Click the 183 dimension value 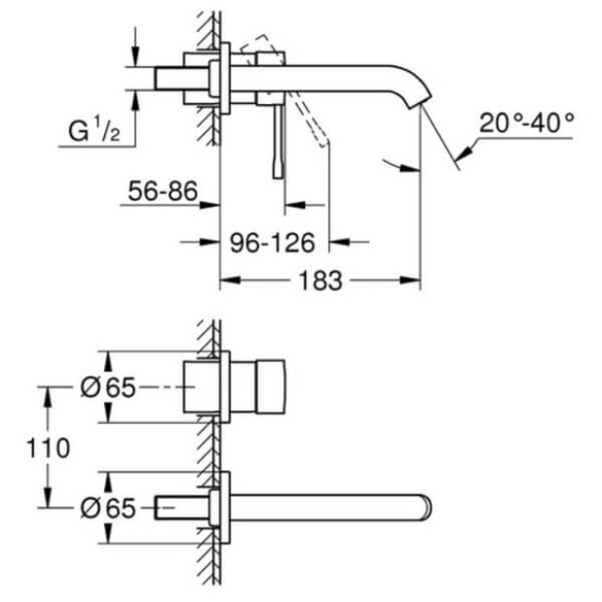pos(320,281)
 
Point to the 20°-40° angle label pos(527,124)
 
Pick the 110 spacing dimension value pos(49,448)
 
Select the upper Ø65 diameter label pos(107,388)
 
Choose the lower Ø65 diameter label pos(107,508)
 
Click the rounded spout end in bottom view pos(425,508)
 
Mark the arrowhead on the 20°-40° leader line pos(465,150)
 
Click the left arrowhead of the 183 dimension pos(225,281)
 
